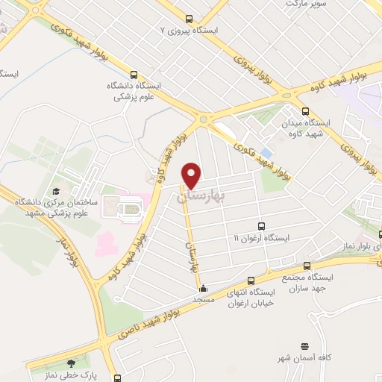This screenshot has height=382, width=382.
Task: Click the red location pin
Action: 192,175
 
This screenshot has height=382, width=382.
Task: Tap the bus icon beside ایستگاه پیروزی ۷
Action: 189,19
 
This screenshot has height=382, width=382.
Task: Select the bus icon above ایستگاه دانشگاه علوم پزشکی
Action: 134,74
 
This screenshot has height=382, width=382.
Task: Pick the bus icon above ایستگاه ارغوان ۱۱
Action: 260,226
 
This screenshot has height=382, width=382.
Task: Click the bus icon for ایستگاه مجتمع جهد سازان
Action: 307,266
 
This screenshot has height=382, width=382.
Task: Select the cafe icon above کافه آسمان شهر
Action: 303,347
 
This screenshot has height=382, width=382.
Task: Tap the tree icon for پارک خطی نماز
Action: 71,364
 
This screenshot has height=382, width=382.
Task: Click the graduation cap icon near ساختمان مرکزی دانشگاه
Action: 55,193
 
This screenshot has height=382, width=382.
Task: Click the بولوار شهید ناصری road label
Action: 142,328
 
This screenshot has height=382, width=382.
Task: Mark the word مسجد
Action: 204,299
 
